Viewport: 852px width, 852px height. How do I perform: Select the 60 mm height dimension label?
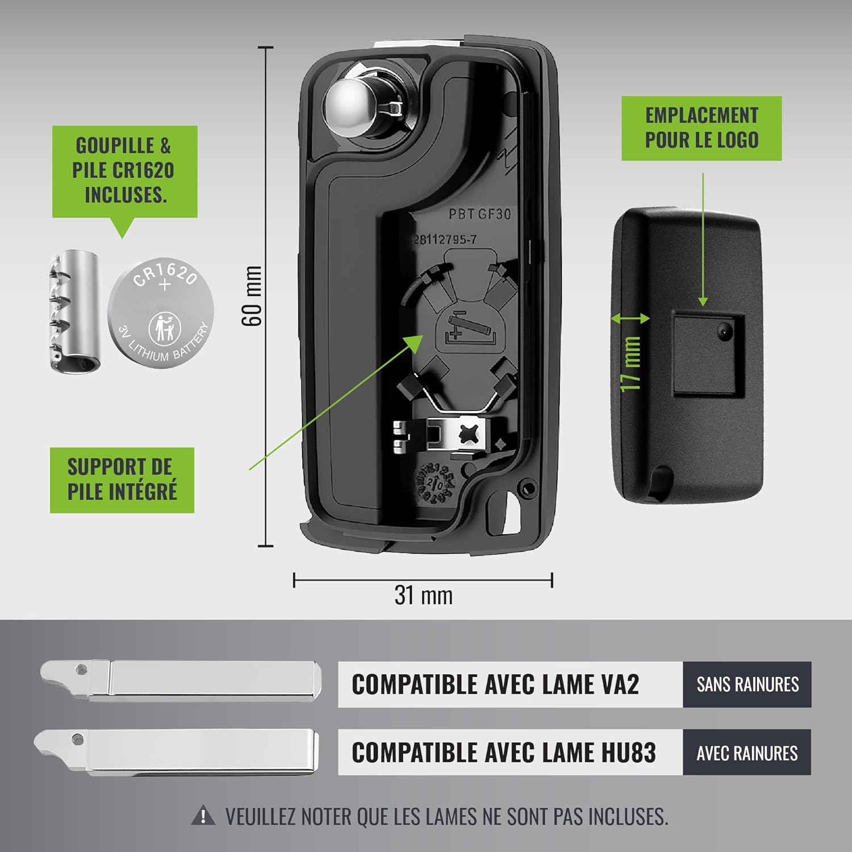[x=252, y=296]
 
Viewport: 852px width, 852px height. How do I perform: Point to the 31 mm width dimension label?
[x=424, y=595]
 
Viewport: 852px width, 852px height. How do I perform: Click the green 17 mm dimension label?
[x=630, y=364]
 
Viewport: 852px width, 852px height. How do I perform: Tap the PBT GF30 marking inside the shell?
[x=479, y=214]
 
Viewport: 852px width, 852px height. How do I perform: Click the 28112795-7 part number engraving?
[x=445, y=240]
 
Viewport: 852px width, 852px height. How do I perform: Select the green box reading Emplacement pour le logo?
[x=701, y=128]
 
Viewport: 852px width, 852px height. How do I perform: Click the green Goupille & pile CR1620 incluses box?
[x=125, y=172]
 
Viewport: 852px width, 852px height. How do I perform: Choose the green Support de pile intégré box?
[x=122, y=480]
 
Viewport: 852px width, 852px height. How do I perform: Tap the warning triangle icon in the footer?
[x=203, y=816]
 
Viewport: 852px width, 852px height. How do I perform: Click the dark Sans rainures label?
[x=747, y=684]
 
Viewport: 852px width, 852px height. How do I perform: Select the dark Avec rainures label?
[x=747, y=753]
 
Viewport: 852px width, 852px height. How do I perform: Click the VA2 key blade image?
[x=181, y=680]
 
